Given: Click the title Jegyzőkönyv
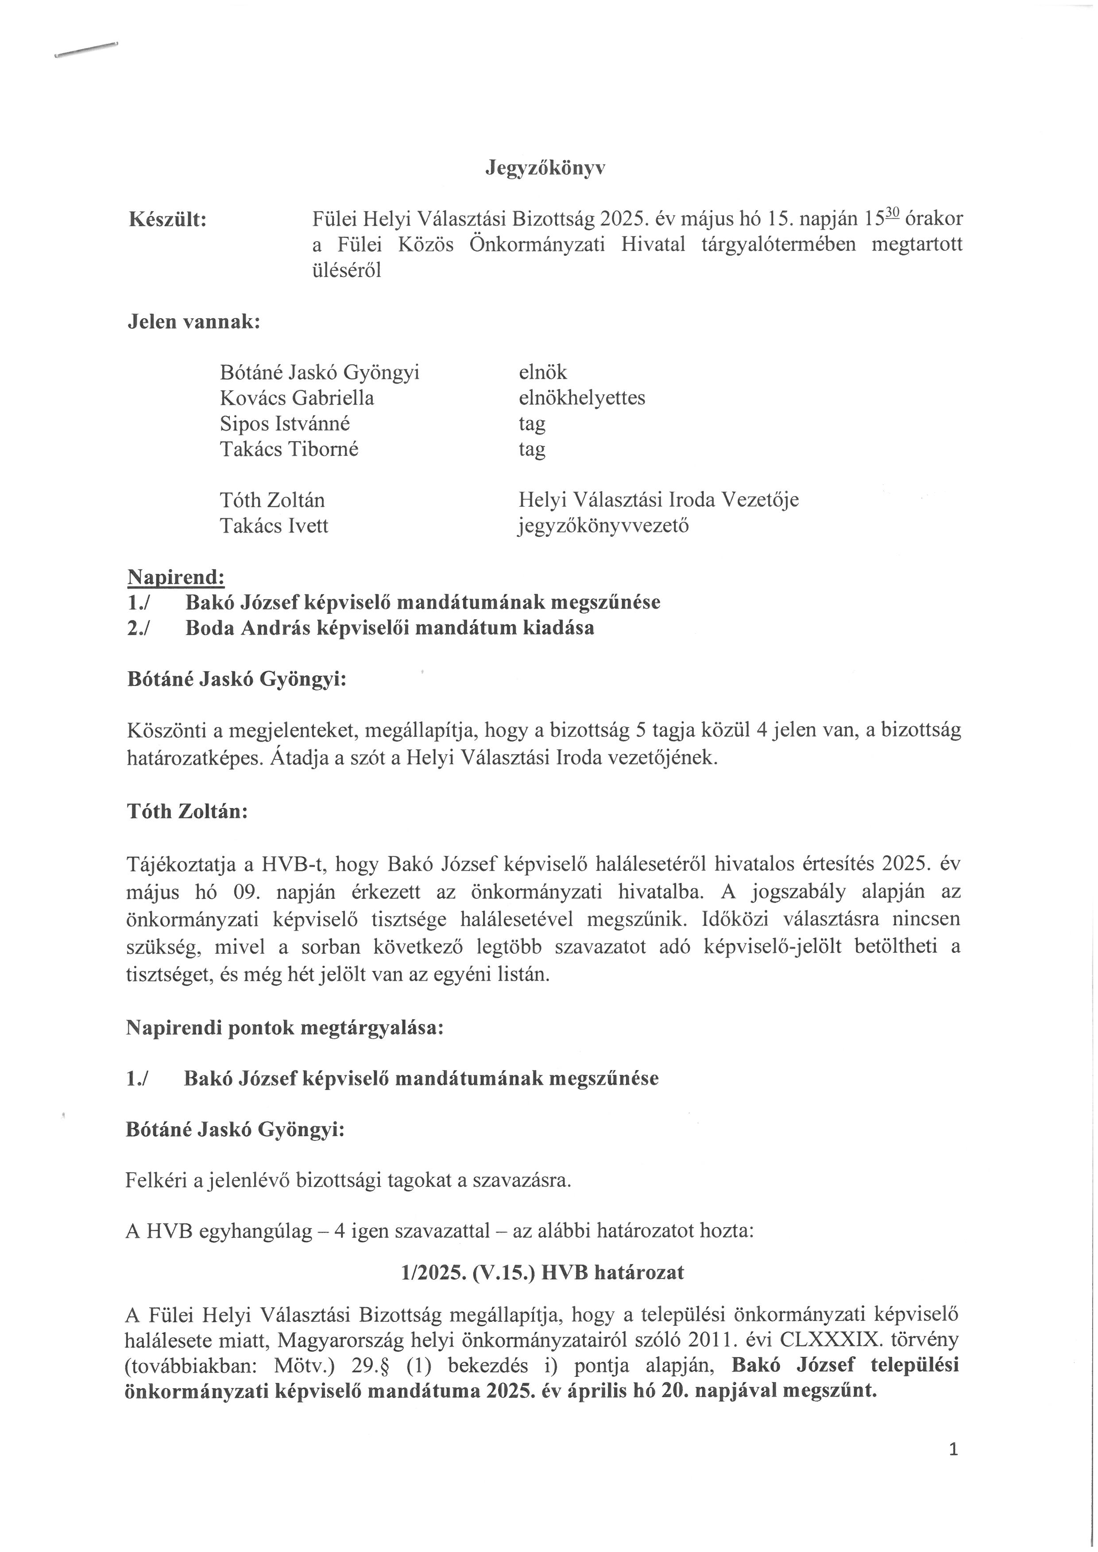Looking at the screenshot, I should coord(545,168).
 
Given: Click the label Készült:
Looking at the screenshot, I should coord(168,219).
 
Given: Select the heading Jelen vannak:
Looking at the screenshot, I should coord(194,322).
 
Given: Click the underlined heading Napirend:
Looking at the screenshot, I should coord(176,577).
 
